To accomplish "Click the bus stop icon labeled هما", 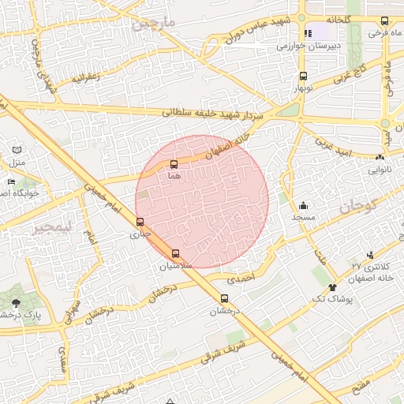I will click(174, 164).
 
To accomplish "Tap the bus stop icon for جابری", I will click(140, 222).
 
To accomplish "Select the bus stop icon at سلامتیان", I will click(175, 253).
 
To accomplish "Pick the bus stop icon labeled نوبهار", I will click(304, 77).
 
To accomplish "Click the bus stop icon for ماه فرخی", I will click(384, 21).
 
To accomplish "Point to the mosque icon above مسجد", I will click(303, 205).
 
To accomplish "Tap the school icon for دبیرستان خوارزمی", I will click(309, 33).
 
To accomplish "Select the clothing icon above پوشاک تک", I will click(332, 287).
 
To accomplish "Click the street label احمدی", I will click(242, 279).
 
